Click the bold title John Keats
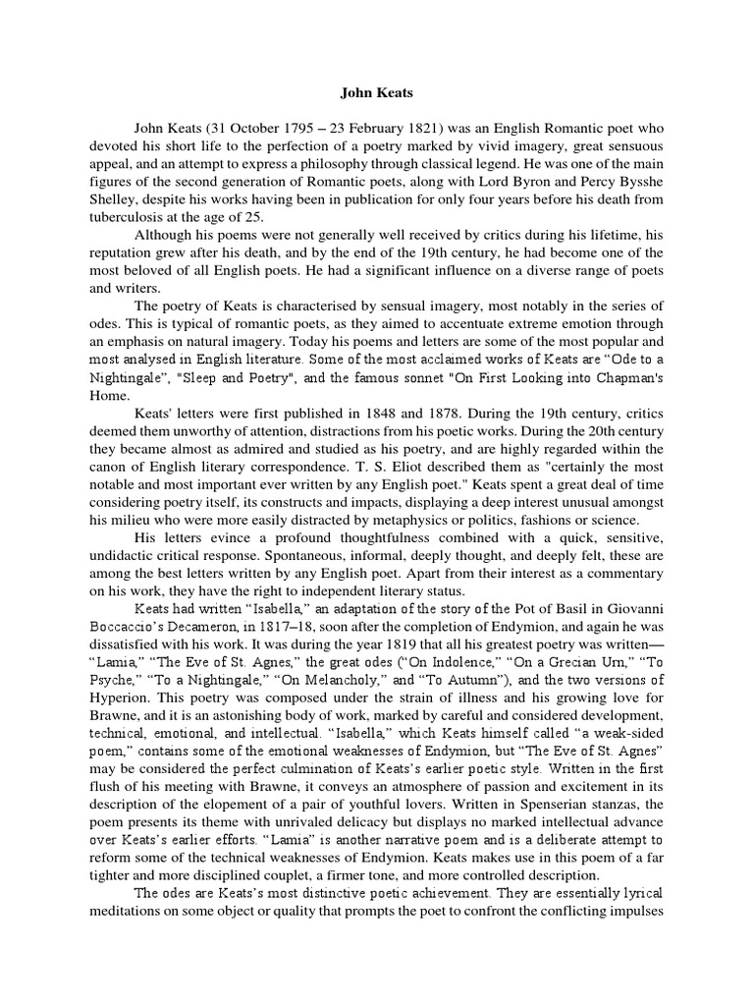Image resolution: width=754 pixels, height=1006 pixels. [377, 93]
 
